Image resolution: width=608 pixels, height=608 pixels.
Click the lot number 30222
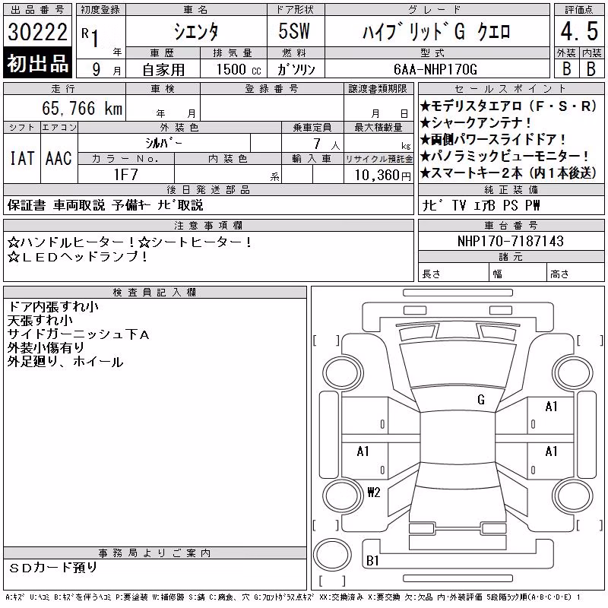click(x=37, y=32)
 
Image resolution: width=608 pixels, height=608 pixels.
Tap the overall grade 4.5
click(x=579, y=31)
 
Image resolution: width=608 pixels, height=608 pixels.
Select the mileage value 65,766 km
click(x=82, y=108)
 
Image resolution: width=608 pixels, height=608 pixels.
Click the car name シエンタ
click(x=196, y=31)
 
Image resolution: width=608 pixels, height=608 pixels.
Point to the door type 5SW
click(x=294, y=31)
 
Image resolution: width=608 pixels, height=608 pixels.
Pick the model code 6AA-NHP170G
click(x=435, y=69)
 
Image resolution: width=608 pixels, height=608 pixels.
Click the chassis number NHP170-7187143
click(x=510, y=241)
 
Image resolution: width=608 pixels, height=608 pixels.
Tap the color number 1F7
click(x=126, y=175)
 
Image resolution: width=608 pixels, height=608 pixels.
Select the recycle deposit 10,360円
click(x=383, y=176)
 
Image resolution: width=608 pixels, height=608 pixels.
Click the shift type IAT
click(x=22, y=158)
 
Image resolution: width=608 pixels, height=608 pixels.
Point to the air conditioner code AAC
click(x=59, y=158)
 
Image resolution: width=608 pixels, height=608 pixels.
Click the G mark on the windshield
click(x=481, y=400)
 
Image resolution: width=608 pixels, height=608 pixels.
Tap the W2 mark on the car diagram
click(x=374, y=492)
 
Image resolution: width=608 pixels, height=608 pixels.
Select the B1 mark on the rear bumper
click(x=372, y=560)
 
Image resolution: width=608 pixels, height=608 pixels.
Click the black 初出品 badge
click(x=37, y=63)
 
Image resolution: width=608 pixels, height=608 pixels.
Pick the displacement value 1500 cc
click(x=239, y=69)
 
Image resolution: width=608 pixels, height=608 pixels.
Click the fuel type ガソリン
click(x=296, y=69)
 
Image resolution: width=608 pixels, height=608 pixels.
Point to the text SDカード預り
click(x=52, y=568)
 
